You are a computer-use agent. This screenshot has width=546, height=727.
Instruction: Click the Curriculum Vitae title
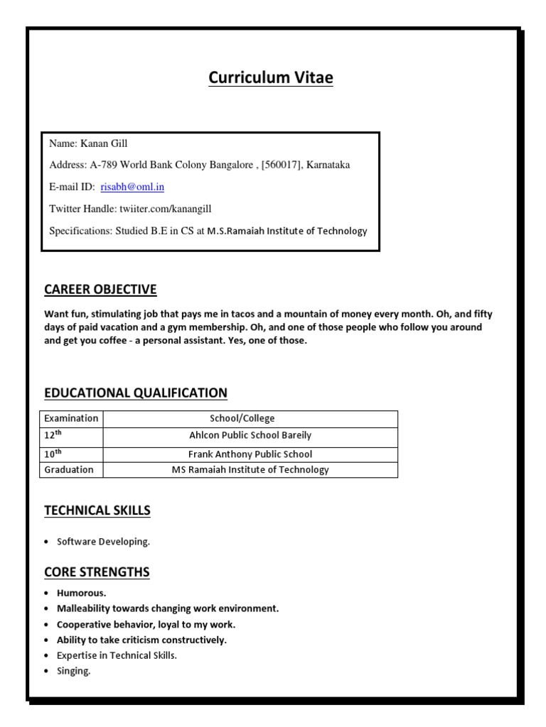[270, 78]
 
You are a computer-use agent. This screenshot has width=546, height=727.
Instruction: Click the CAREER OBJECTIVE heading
[100, 290]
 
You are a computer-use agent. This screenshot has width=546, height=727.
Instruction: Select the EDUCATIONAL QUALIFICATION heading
[136, 393]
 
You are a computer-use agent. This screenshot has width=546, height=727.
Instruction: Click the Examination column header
[70, 418]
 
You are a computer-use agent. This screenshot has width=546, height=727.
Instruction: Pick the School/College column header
[242, 418]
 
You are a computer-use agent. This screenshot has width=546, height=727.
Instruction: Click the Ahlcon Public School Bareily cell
[250, 435]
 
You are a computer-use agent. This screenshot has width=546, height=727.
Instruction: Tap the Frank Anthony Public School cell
[250, 454]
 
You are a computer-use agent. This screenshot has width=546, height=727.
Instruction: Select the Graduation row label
[69, 469]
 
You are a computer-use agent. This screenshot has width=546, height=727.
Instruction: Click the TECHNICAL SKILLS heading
[97, 510]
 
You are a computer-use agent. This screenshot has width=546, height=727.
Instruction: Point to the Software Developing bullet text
[104, 542]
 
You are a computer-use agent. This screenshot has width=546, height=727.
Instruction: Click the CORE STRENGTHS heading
[97, 572]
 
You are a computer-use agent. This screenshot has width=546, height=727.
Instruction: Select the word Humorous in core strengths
[81, 593]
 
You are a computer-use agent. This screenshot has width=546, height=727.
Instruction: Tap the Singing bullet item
[74, 671]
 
